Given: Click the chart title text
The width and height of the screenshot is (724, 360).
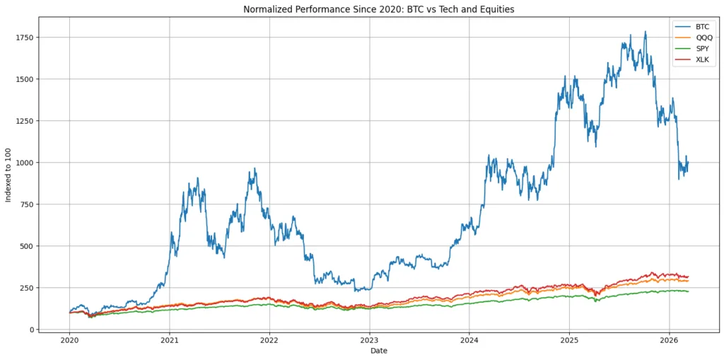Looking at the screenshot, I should tap(379, 9).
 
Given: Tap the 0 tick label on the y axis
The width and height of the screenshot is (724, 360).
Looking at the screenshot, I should tap(30, 330).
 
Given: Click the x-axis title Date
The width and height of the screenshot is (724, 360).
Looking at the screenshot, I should tap(379, 351).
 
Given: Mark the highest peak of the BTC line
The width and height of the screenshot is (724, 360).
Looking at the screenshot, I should tap(645, 32).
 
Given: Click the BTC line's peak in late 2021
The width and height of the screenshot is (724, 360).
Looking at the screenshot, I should tap(255, 169).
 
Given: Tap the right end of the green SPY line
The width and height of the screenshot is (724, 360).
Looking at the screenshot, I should tap(688, 291).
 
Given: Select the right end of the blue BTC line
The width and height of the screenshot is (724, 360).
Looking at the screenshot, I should tap(688, 162).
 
